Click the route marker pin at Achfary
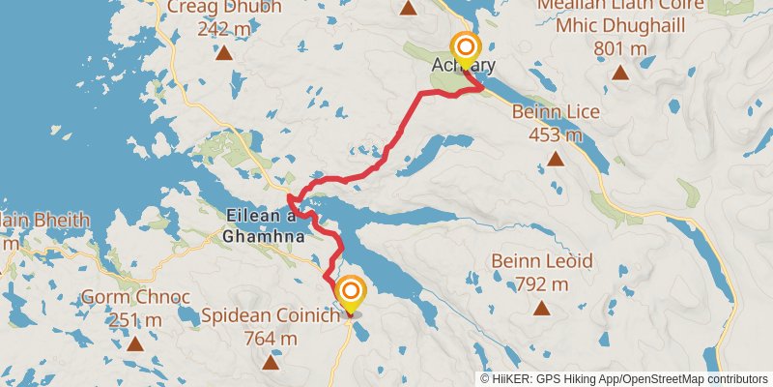[466, 48]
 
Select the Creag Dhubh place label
[224, 8]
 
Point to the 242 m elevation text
[224, 29]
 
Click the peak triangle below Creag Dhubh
[224, 53]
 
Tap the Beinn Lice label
[556, 112]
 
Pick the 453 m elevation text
[556, 134]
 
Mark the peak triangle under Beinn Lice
[556, 159]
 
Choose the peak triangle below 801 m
[619, 72]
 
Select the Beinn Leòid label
[541, 261]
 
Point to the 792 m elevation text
[541, 283]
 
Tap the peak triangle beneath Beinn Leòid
[541, 309]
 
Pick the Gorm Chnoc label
[135, 296]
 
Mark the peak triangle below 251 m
[135, 342]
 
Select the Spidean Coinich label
[271, 316]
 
